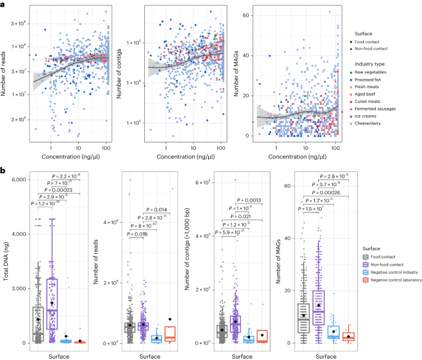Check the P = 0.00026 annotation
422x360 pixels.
[339, 190]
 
